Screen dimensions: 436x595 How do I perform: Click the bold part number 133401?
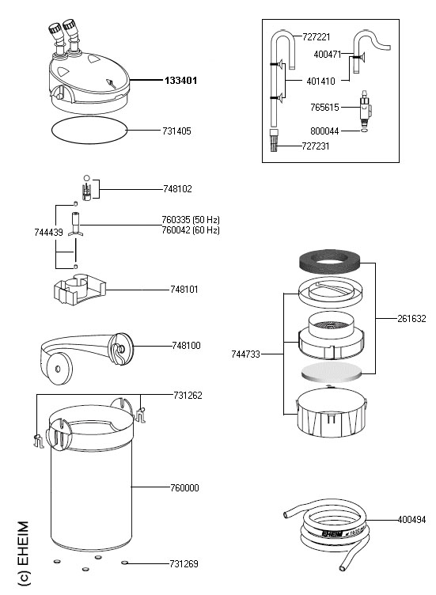[180, 81]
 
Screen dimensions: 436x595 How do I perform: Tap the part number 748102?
[177, 188]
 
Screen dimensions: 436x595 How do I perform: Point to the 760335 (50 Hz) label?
[191, 220]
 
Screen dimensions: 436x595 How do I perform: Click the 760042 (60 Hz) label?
[191, 230]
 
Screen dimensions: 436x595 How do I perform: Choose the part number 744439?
[48, 233]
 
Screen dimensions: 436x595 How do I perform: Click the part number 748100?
[186, 345]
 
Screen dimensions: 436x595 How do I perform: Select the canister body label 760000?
[184, 487]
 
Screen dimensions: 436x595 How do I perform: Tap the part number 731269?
[184, 564]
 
